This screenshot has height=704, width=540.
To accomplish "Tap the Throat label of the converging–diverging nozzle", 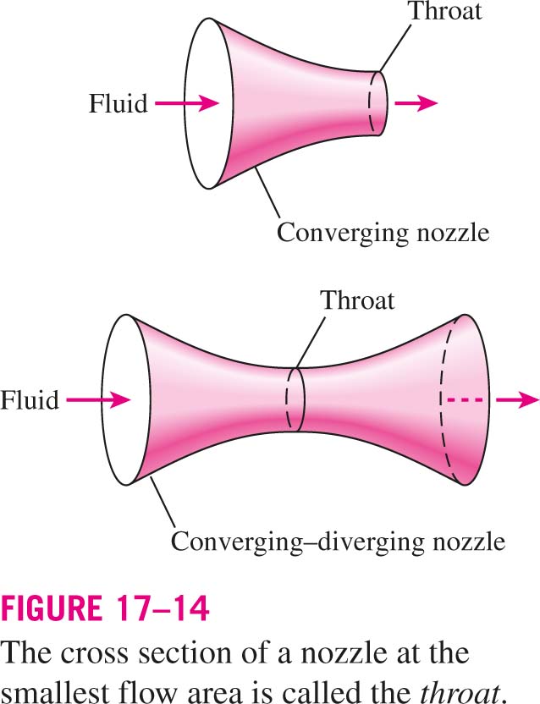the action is (x=358, y=300).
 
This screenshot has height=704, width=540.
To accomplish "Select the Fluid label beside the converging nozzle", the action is (x=118, y=104).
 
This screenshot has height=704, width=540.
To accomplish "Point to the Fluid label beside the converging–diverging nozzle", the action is (x=30, y=399).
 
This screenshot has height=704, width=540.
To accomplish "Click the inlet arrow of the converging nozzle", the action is (x=187, y=103).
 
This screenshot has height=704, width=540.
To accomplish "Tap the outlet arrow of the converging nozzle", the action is (x=416, y=103).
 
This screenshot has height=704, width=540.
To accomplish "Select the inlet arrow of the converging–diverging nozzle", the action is (x=98, y=399).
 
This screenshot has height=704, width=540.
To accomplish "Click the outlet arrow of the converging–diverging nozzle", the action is (x=517, y=399).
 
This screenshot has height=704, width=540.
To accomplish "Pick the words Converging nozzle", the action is (x=383, y=234).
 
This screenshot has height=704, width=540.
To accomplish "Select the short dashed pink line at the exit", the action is (x=465, y=399).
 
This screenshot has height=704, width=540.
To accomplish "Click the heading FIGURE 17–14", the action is (x=105, y=608).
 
